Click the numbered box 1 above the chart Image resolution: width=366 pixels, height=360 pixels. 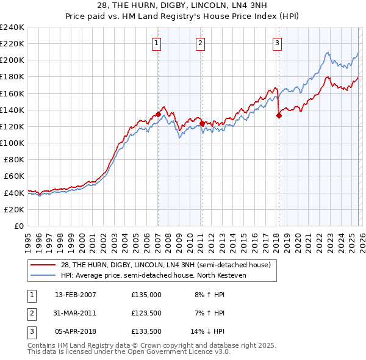[157, 43]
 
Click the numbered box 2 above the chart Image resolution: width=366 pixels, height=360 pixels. [200, 43]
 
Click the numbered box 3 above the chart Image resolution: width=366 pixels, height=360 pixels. [277, 43]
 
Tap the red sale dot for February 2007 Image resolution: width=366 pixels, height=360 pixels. [158, 114]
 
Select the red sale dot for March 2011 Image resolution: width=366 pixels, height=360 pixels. [202, 123]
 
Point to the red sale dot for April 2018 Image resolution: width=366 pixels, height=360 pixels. [279, 115]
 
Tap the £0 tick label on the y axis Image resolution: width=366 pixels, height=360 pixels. [18, 226]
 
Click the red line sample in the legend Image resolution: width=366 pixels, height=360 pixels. [45, 264]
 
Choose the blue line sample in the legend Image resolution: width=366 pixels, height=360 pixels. [45, 275]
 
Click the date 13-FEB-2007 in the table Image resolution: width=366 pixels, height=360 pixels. [75, 294]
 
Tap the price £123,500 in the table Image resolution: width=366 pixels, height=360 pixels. [146, 313]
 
